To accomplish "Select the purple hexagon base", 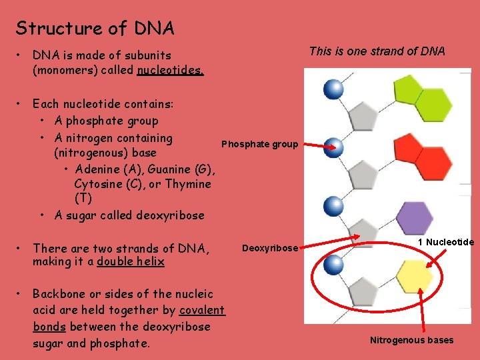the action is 414,217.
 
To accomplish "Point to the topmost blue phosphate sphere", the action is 333,87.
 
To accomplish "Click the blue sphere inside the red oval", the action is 332,265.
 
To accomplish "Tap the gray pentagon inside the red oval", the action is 364,291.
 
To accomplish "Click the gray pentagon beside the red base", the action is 364,175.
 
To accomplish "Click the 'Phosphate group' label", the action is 259,144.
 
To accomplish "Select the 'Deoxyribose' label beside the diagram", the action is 269,248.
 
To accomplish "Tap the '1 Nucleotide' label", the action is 446,241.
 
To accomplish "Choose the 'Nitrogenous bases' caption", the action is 411,340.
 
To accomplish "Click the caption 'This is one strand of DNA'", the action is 377,51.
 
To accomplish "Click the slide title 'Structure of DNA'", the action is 95,28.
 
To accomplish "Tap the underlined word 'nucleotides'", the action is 170,69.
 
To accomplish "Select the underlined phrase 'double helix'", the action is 131,261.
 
